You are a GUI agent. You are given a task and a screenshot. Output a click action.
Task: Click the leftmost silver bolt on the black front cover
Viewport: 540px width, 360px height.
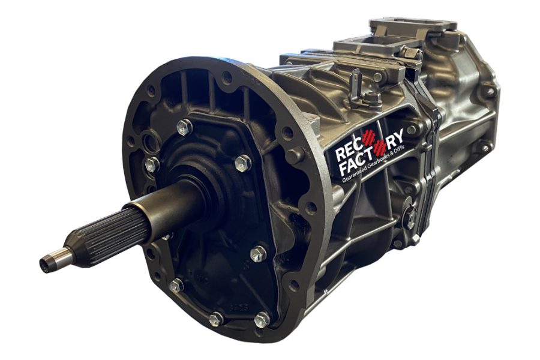tap(151, 164)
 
